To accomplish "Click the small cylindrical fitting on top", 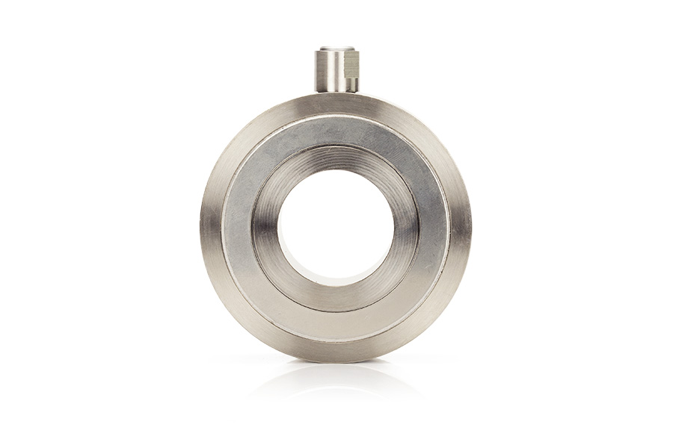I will tap(336, 71).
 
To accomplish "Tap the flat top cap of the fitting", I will tap(336, 49).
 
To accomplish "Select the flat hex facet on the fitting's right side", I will tap(352, 69).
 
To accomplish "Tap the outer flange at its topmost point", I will tap(336, 103).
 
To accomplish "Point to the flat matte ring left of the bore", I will tap(238, 228).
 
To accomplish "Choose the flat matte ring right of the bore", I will tap(434, 228).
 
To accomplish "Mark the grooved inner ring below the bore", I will tap(336, 297).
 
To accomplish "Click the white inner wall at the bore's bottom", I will tap(336, 280).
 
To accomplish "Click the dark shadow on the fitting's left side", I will tap(320, 71).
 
